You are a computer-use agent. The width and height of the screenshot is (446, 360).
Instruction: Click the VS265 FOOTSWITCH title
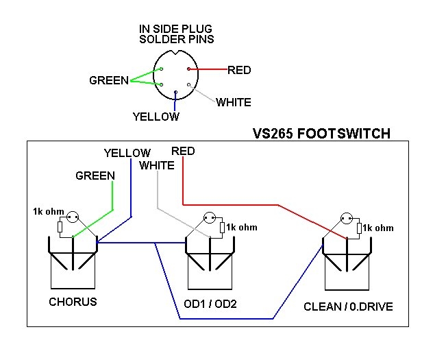(x=321, y=134)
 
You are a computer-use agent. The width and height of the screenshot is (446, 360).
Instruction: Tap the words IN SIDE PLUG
(x=176, y=28)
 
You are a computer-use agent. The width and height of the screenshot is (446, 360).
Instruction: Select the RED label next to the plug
(x=239, y=70)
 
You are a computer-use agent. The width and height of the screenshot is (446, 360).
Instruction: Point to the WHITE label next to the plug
(x=233, y=103)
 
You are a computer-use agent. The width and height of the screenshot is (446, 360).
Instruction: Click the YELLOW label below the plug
(x=156, y=117)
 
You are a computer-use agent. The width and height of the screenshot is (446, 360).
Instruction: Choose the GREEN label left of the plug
(x=108, y=81)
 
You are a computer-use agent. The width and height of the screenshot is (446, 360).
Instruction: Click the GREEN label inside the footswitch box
(x=95, y=176)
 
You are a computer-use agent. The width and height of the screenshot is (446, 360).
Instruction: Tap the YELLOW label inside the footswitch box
(x=127, y=153)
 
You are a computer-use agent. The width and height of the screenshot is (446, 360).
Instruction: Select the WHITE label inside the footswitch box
(x=156, y=165)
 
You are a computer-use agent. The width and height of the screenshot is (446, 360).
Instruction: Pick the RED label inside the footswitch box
(x=183, y=151)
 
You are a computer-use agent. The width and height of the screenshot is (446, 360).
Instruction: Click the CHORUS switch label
(x=73, y=302)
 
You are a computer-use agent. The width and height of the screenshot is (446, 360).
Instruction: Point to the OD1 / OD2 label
(x=210, y=304)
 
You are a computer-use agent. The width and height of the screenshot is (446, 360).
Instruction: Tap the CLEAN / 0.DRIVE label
(x=348, y=307)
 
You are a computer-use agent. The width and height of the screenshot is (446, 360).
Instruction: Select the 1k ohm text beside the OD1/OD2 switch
(x=242, y=228)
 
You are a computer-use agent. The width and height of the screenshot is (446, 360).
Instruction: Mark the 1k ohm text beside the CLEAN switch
(x=377, y=228)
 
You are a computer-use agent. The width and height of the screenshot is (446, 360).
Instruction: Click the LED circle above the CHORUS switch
(x=72, y=219)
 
